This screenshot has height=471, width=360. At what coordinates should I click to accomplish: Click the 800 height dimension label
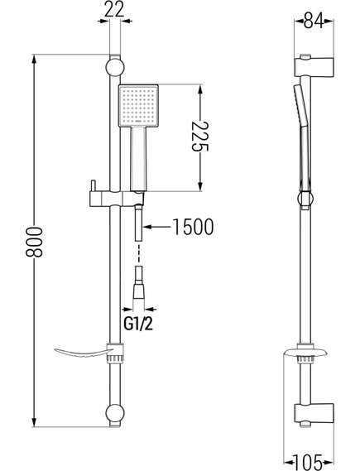pos(34,242)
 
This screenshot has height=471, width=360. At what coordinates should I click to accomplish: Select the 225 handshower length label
pos(200,137)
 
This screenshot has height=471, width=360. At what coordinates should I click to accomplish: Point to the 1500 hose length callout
pos(193,227)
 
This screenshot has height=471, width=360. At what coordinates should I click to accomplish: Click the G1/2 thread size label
pos(138,324)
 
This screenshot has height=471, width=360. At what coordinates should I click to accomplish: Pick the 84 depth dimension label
pos(314,22)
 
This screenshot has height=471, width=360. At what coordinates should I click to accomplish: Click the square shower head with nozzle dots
pos(138,106)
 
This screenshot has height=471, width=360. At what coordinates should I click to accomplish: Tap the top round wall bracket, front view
pos(115,68)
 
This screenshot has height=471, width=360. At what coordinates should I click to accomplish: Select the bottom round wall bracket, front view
pos(115,412)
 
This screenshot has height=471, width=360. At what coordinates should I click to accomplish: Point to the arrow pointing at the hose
pos(157,227)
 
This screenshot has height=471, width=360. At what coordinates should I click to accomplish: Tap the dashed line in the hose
pos(138,253)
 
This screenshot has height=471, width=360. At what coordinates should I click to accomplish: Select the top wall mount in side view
pos(314,65)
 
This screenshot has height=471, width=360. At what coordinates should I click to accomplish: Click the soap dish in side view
pos(305,352)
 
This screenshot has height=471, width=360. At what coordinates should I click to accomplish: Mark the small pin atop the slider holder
pos(93,185)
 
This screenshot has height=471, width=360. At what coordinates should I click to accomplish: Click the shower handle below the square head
pos(138,158)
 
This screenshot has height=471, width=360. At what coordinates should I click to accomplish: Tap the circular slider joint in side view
pos(305,199)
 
